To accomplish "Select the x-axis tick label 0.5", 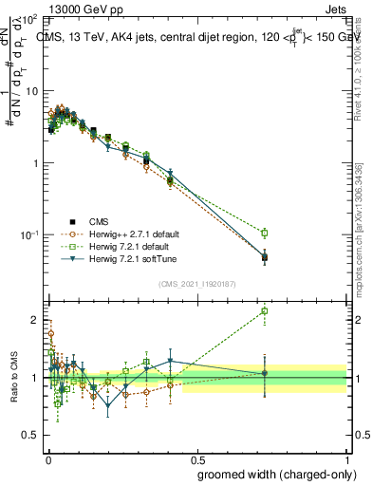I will click(197, 457).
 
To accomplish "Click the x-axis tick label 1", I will click(346, 457).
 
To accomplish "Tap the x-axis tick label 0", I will click(47, 457).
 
